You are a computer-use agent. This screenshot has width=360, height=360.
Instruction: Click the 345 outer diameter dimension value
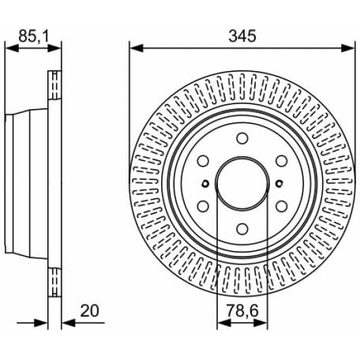click(x=242, y=36)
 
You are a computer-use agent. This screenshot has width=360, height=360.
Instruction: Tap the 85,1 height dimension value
click(x=33, y=36)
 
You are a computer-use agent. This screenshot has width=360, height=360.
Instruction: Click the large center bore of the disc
click(x=242, y=183)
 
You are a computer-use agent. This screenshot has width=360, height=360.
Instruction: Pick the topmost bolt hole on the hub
click(x=242, y=138)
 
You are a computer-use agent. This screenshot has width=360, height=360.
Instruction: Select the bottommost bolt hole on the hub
click(x=242, y=229)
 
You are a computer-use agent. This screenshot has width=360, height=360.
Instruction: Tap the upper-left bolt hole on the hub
click(x=202, y=161)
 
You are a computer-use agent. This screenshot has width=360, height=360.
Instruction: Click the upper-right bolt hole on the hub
click(x=281, y=161)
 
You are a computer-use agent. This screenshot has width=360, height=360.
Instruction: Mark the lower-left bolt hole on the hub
click(x=202, y=206)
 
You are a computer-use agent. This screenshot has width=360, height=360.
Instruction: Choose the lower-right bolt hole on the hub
click(x=281, y=206)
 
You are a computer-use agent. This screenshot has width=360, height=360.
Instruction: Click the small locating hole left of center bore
click(x=205, y=183)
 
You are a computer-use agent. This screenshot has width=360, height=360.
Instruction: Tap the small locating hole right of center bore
click(x=278, y=183)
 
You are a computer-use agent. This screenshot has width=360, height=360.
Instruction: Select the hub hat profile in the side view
click(x=24, y=183)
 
